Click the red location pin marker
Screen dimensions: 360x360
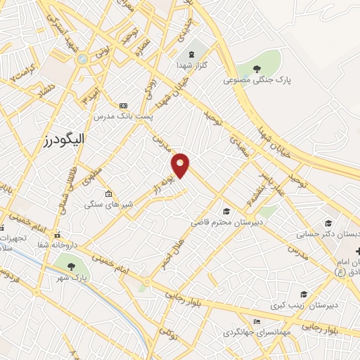click(x=181, y=165)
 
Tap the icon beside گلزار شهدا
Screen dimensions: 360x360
click(x=190, y=55)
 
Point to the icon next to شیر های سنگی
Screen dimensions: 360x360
click(x=108, y=194)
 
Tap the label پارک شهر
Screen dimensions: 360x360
click(x=72, y=278)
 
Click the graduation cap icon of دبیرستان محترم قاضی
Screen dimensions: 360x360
click(x=226, y=211)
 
